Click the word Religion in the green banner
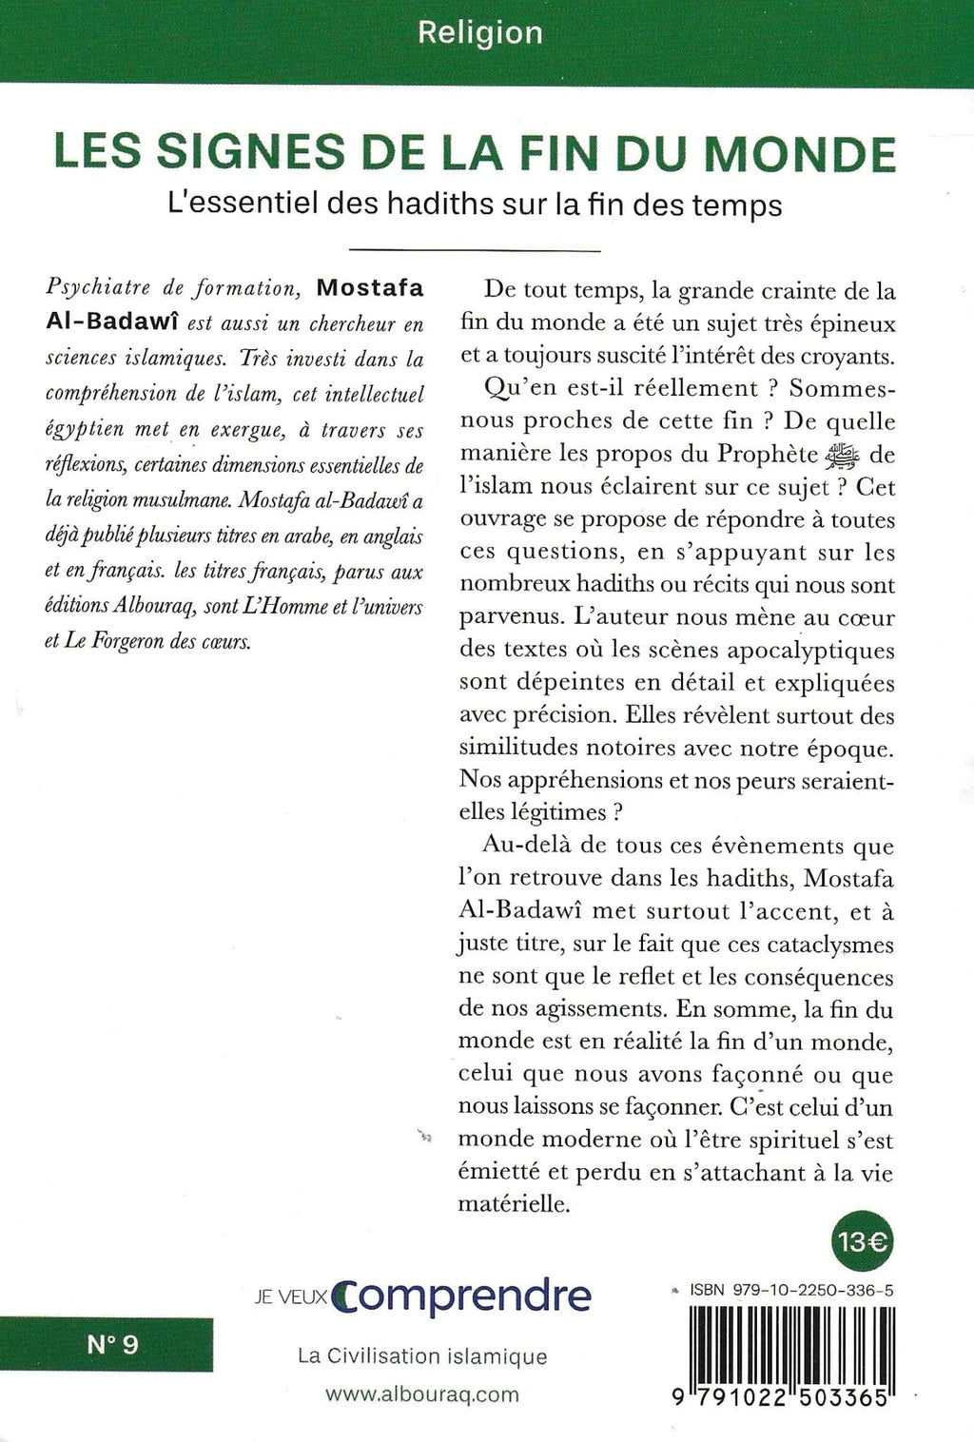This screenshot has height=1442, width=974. (480, 33)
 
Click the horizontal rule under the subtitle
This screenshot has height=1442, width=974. (476, 250)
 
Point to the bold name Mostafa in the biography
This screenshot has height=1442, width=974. (370, 289)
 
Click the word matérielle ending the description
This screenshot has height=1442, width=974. (514, 1204)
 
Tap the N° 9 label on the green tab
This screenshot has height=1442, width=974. (112, 1345)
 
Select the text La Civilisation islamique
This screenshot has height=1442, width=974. (422, 1357)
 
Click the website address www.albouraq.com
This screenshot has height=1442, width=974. (422, 1394)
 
